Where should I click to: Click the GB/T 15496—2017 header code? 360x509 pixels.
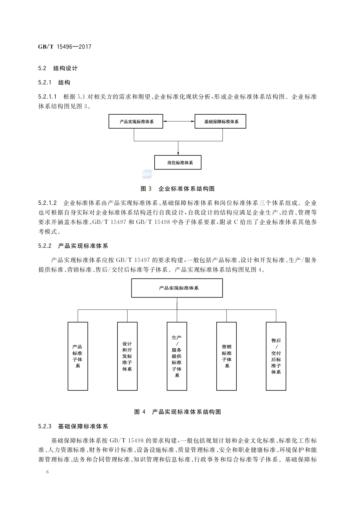[65, 47]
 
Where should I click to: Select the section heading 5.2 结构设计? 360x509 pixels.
[58, 68]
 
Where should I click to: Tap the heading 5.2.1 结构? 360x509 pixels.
[54, 83]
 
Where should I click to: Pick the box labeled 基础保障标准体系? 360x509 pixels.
[220, 122]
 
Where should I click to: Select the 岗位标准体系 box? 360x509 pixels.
[178, 163]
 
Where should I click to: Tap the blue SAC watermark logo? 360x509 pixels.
[147, 174]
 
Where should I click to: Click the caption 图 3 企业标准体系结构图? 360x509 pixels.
[178, 189]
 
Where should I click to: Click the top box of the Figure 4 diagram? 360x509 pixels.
[177, 288]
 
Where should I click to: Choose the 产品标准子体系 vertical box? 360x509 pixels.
[78, 356]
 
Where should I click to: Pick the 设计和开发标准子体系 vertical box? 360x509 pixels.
[127, 356]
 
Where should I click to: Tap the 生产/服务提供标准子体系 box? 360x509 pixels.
[177, 356]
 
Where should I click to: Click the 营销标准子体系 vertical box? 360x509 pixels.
[227, 356]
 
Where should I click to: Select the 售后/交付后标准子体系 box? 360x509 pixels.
[276, 356]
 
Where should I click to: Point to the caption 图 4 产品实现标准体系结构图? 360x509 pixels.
[178, 412]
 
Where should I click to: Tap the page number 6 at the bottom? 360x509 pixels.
[48, 472]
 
